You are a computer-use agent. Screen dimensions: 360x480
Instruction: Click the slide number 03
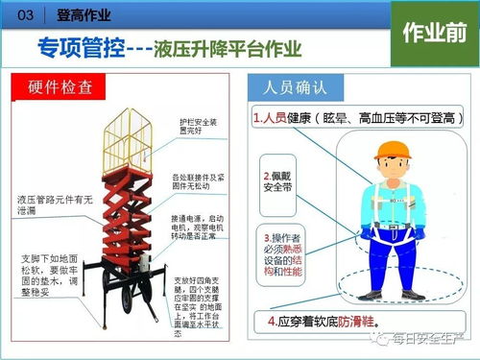(26, 15)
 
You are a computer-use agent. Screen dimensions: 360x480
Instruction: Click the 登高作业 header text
(84, 15)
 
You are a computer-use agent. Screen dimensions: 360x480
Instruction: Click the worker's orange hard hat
(391, 152)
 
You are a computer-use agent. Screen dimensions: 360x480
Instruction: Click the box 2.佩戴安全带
(283, 182)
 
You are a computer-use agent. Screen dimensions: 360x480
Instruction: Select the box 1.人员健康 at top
(340, 118)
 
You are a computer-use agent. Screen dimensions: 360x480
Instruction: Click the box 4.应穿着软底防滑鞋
(322, 318)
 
